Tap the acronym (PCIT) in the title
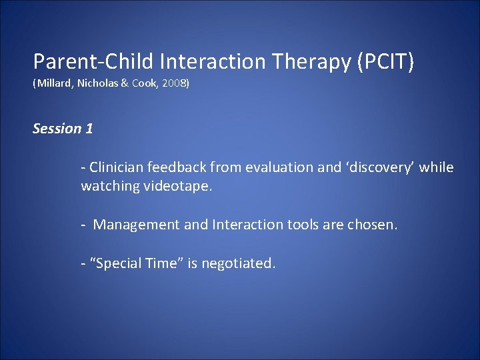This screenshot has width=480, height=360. tap(386, 62)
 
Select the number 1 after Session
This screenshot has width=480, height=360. tap(89, 129)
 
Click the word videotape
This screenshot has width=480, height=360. tap(176, 187)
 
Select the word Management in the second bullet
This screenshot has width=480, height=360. tap(137, 225)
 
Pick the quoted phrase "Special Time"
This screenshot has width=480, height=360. tap(136, 263)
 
